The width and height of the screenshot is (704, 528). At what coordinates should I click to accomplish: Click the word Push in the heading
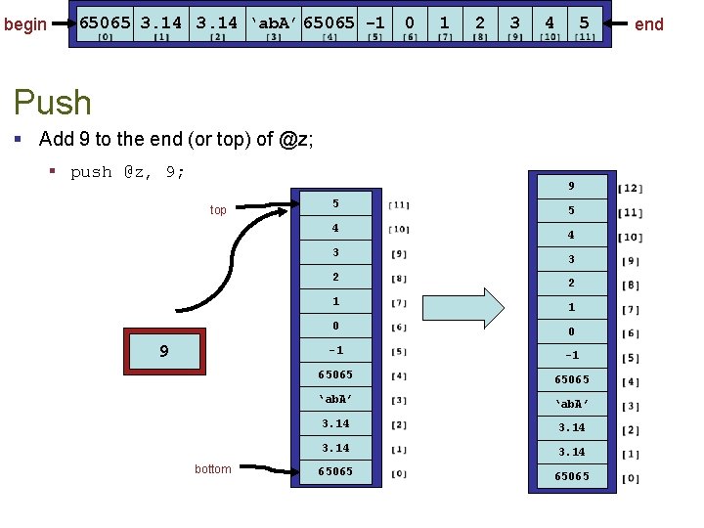pyautogui.click(x=53, y=103)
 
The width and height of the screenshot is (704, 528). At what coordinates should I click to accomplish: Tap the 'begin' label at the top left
pyautogui.click(x=25, y=23)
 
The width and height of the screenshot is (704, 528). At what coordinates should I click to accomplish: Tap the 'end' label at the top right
pyautogui.click(x=649, y=23)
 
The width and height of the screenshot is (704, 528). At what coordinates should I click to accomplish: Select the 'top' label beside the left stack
pyautogui.click(x=218, y=210)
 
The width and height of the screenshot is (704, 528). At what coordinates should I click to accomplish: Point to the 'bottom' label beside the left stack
pyautogui.click(x=213, y=469)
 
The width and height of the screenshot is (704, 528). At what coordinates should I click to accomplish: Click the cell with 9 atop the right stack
pyautogui.click(x=571, y=186)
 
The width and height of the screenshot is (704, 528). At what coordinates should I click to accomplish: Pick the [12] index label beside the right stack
pyautogui.click(x=631, y=188)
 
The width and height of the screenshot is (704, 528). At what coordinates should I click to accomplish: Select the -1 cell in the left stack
pyautogui.click(x=335, y=350)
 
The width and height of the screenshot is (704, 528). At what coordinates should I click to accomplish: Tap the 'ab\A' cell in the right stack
pyautogui.click(x=571, y=404)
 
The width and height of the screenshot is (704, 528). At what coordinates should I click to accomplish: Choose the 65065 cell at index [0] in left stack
pyautogui.click(x=335, y=471)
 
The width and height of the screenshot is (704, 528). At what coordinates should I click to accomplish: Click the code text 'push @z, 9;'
pyautogui.click(x=128, y=172)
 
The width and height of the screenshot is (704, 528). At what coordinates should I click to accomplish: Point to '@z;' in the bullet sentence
pyautogui.click(x=296, y=140)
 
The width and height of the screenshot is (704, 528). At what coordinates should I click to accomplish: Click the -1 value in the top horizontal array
pyautogui.click(x=374, y=22)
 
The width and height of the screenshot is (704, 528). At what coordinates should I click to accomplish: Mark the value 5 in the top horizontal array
pyautogui.click(x=584, y=22)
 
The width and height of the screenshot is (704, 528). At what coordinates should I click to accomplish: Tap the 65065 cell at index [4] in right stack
pyautogui.click(x=571, y=379)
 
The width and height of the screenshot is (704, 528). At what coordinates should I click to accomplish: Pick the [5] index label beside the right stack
pyautogui.click(x=631, y=358)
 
